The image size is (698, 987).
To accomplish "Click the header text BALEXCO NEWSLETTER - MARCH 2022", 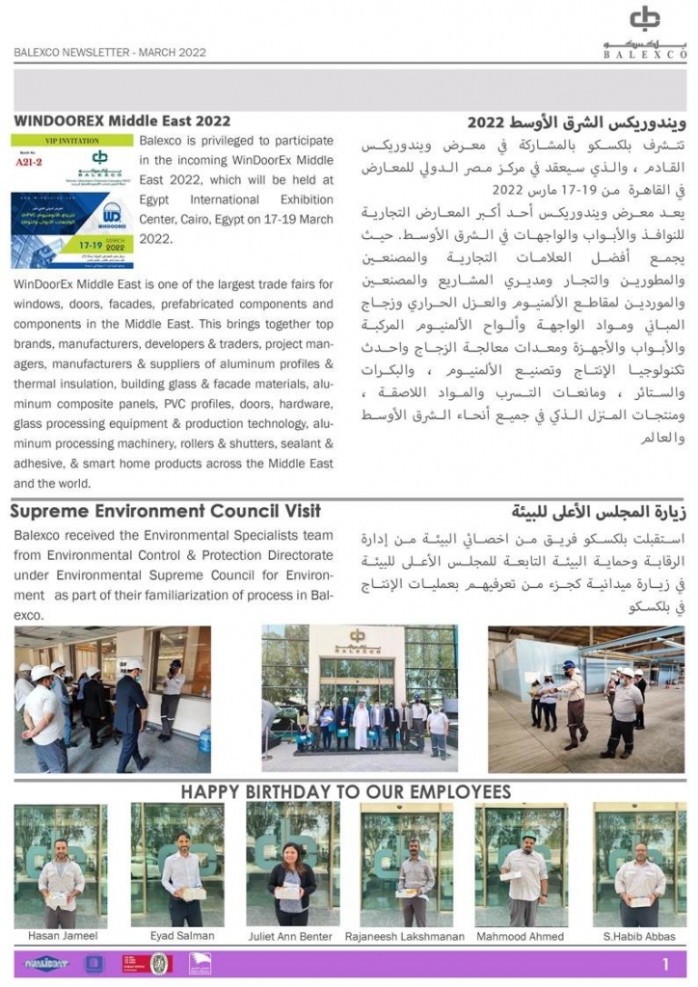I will click(x=110, y=53).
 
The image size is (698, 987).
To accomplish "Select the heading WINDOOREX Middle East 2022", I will click(x=122, y=121).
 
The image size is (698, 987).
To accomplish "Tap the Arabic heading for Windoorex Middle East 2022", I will click(x=577, y=122).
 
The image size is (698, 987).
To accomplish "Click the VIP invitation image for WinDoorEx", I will click(x=72, y=201).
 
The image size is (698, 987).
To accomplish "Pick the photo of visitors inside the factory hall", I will click(x=586, y=699).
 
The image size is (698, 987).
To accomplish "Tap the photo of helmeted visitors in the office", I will click(x=112, y=699).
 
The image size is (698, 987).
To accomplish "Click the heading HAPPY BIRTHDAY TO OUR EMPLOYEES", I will click(x=346, y=792).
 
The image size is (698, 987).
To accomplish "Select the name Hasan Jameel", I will click(x=61, y=936).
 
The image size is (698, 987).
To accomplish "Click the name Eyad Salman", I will click(x=182, y=936).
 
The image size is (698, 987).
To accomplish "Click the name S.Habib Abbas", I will click(x=639, y=936).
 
